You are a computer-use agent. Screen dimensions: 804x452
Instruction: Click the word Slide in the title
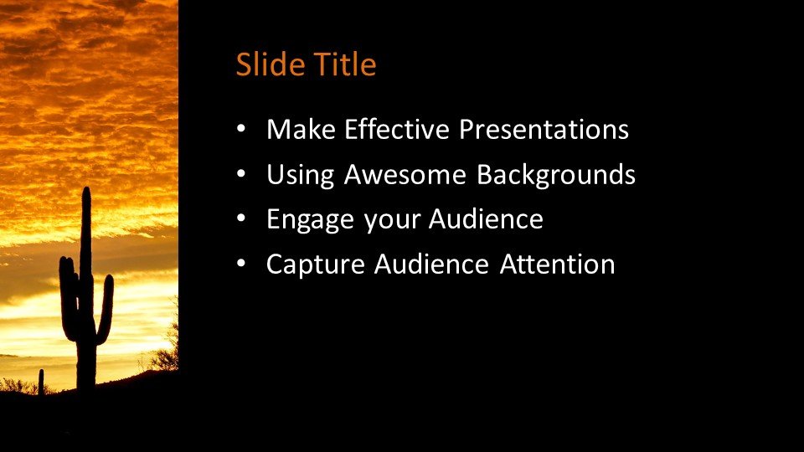270,64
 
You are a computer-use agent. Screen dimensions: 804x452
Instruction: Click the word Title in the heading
345,64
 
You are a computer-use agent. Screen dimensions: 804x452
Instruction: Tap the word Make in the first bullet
301,129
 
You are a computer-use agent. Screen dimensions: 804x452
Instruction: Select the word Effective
397,129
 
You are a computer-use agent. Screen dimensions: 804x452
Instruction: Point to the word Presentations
544,129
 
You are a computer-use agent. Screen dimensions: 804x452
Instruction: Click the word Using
301,176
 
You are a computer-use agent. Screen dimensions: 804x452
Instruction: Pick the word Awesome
405,174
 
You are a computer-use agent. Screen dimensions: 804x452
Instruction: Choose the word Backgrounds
556,176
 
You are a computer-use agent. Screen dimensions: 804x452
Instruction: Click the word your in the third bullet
392,223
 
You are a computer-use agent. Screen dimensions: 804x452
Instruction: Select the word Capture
316,265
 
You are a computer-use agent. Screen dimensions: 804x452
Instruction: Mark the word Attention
558,265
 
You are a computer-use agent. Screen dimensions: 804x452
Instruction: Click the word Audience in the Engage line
486,219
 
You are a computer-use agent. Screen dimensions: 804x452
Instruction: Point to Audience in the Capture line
431,265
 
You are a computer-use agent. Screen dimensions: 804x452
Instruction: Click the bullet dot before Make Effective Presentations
241,129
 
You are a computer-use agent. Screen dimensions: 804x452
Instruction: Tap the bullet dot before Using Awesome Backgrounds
241,174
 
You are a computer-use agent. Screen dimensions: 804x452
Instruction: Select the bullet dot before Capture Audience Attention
241,265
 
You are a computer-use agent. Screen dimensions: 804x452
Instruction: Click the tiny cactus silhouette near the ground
41,382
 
